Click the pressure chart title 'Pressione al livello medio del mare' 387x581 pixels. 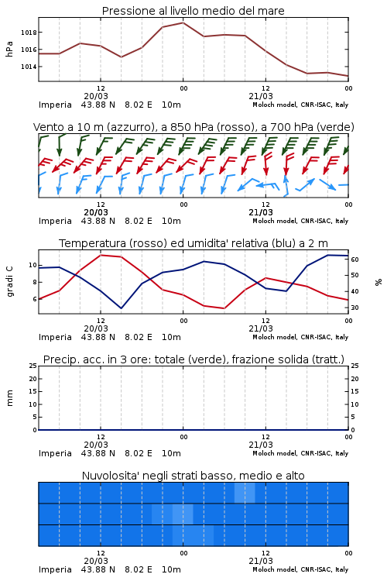[193, 11]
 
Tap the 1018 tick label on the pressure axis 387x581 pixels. [29, 33]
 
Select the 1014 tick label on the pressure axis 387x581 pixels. [29, 67]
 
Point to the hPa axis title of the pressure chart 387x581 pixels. [9, 49]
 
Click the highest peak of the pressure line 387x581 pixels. [183, 22]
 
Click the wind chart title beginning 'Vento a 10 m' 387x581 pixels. [193, 127]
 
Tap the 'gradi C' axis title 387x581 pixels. [9, 282]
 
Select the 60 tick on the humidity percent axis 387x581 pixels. [354, 260]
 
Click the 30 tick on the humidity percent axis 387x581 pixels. [354, 308]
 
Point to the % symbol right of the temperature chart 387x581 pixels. [378, 282]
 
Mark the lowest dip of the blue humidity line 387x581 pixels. [121, 308]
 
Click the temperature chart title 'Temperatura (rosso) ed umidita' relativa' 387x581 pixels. [193, 243]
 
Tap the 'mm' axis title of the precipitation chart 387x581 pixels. [9, 398]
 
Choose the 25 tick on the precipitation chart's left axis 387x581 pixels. [33, 366]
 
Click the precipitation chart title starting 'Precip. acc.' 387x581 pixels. [193, 359]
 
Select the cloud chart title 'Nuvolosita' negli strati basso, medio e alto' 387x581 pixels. [193, 476]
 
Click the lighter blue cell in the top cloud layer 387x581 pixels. [245, 493]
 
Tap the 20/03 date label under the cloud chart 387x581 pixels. [96, 561]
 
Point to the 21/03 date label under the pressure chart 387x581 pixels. [261, 96]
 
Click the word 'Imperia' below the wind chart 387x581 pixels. [55, 221]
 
